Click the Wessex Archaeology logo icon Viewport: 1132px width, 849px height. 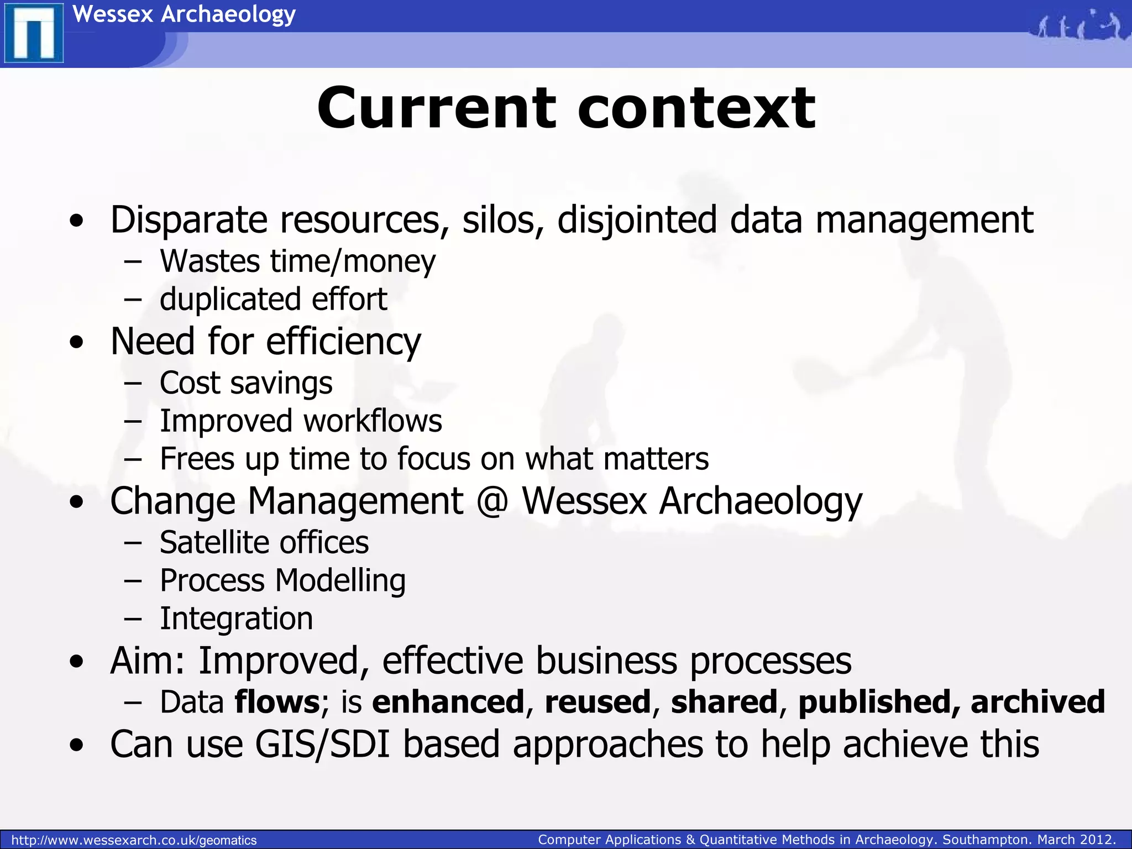(x=33, y=33)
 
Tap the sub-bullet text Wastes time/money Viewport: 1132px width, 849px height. (x=297, y=261)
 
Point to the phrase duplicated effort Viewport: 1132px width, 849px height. (x=273, y=300)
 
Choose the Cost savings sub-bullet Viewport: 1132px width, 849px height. (x=246, y=383)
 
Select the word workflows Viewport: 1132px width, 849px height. (x=373, y=421)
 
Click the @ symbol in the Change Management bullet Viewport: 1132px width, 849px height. (x=492, y=501)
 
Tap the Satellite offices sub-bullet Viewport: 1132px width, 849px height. (x=264, y=543)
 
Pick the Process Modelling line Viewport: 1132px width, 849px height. (x=282, y=581)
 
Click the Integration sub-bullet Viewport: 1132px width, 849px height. (x=236, y=619)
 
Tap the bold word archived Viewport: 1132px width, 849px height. (x=1037, y=702)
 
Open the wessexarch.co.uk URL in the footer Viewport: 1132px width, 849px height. (x=134, y=840)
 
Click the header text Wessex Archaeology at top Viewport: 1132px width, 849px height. (x=184, y=14)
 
